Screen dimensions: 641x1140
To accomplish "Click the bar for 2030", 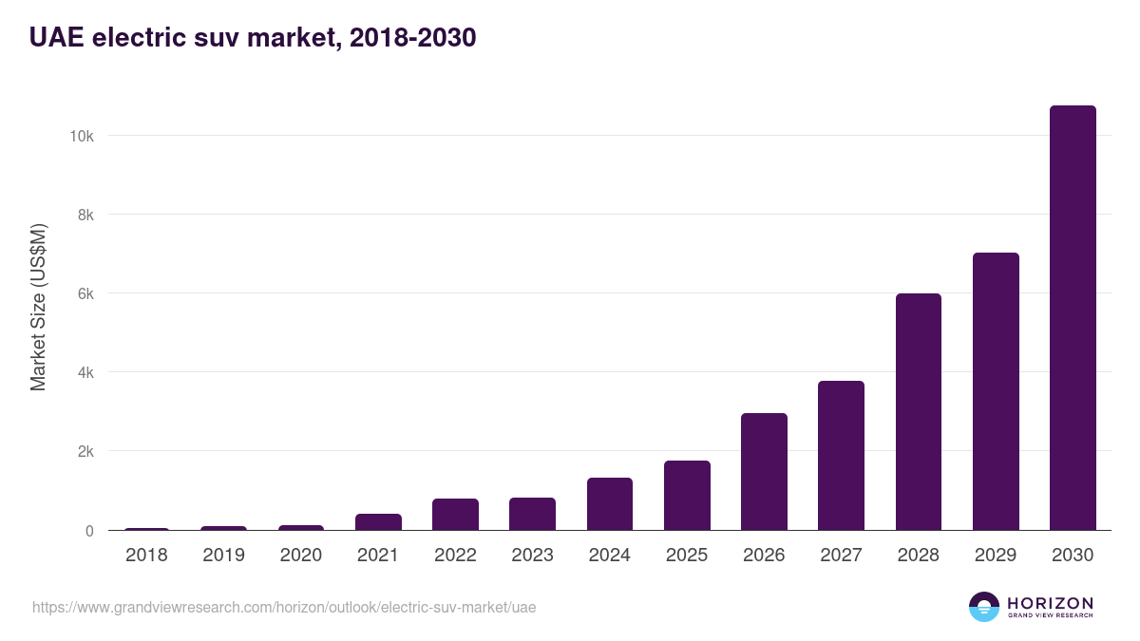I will click(x=1073, y=318).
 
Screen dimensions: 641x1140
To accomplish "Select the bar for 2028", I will click(x=918, y=412).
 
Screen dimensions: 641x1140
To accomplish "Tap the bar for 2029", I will click(x=996, y=391).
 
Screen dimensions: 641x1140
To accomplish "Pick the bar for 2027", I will click(x=841, y=456).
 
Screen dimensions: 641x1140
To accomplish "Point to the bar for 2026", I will click(x=764, y=472).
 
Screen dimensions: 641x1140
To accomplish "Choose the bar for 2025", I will click(x=687, y=496).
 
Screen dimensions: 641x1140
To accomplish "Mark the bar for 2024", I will click(x=610, y=504).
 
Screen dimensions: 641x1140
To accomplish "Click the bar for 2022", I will click(x=455, y=515).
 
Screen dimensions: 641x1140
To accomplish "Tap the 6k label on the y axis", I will click(x=84, y=293).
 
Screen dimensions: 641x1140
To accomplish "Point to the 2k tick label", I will click(x=84, y=451).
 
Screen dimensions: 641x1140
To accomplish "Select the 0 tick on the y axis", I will click(x=89, y=531).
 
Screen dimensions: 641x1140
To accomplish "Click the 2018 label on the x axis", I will click(x=146, y=556).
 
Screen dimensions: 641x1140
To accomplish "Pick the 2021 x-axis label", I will click(x=378, y=556).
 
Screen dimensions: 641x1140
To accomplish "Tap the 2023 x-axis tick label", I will click(x=532, y=556).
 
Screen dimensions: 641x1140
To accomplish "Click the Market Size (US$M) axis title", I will click(x=38, y=306).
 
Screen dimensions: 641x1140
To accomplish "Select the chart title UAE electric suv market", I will click(x=253, y=38).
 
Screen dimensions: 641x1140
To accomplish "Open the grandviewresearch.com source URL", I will click(x=284, y=607).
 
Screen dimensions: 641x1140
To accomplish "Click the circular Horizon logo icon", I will click(x=984, y=607).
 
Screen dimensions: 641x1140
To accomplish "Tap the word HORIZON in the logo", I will click(x=1050, y=602).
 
